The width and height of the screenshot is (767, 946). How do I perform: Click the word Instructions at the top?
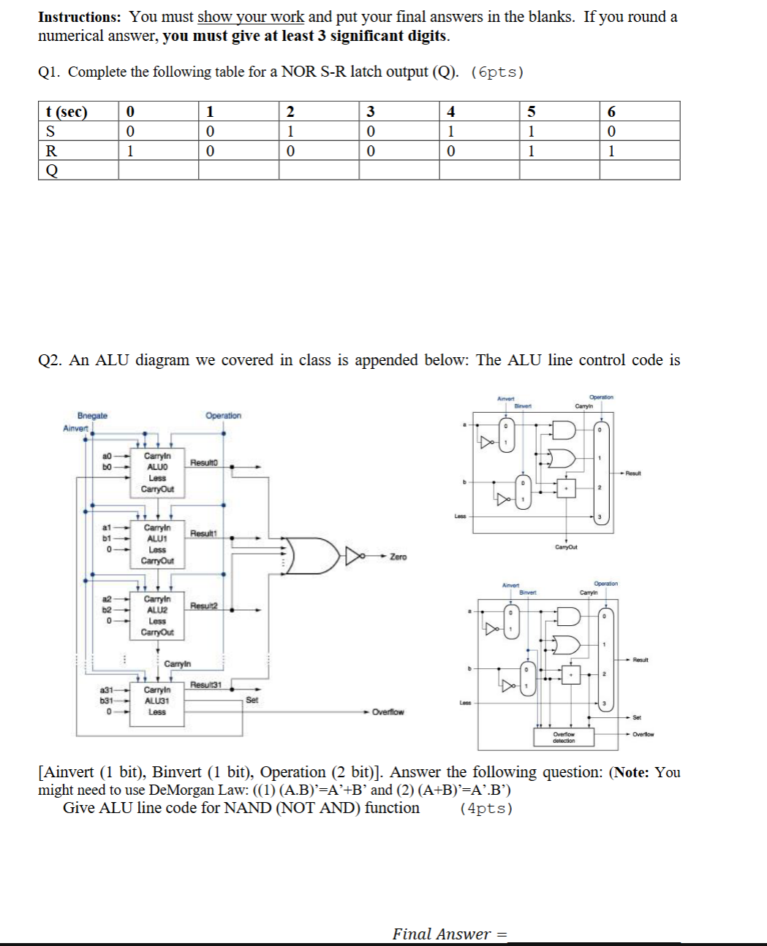tap(79, 17)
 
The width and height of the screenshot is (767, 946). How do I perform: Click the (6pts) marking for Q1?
tap(497, 72)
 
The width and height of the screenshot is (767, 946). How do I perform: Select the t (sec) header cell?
tap(78, 112)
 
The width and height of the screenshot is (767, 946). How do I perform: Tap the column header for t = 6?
tap(639, 112)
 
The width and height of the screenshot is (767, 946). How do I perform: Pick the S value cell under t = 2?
tap(318, 131)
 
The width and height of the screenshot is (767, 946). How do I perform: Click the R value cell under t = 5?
tap(559, 151)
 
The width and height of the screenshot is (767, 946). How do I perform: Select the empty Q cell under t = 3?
tap(398, 170)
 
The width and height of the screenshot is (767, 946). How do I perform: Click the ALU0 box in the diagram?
tap(157, 473)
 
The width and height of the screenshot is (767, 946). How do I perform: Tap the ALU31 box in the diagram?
tap(157, 701)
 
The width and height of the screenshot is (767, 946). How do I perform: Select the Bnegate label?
tap(92, 416)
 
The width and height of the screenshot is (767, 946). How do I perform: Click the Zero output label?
tap(398, 557)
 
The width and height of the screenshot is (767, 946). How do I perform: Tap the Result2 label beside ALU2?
tap(204, 606)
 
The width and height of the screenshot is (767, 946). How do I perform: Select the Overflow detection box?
tap(564, 737)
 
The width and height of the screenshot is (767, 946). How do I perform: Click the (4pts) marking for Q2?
tap(486, 809)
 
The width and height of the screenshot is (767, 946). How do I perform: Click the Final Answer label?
tap(442, 934)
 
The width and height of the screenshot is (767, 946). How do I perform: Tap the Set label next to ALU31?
tap(252, 700)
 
